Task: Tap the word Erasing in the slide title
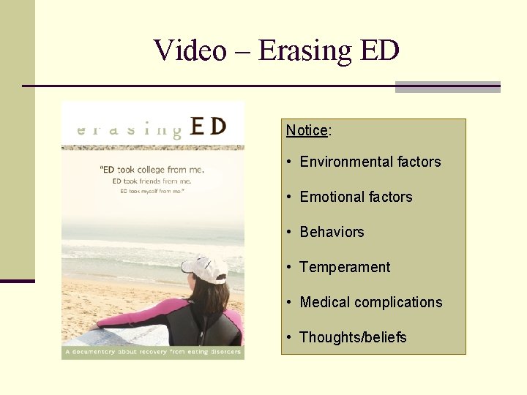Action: (x=296, y=50)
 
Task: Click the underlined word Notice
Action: (x=307, y=130)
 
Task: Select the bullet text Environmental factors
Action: (x=370, y=162)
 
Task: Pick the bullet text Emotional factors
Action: (x=356, y=197)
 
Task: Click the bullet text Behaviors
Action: (x=332, y=232)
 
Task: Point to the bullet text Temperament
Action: (x=345, y=267)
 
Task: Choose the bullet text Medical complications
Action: (x=371, y=302)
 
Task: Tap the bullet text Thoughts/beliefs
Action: (x=353, y=337)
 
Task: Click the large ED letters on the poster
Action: (x=208, y=126)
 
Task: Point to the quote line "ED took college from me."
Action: (x=152, y=170)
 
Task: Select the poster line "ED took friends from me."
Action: (x=152, y=181)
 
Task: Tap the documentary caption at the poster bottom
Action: (x=152, y=353)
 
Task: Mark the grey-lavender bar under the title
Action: (x=447, y=87)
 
